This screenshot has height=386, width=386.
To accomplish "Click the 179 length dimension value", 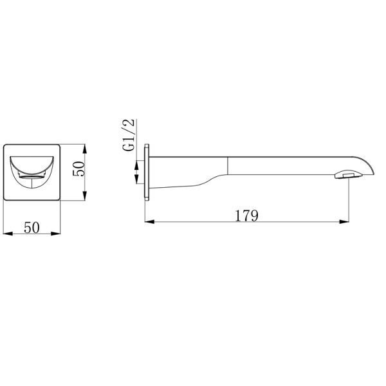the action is coord(246,216).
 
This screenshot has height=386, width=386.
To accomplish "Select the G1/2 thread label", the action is coord(129,134).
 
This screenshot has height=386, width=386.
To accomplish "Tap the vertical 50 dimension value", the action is coord(78,169).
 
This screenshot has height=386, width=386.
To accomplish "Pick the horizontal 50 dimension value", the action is coord(32,228).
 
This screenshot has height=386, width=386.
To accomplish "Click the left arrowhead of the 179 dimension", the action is coord(149,222).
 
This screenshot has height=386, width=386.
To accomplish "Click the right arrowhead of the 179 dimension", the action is coord(344,222).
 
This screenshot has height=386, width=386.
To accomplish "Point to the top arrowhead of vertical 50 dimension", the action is coord(84,149).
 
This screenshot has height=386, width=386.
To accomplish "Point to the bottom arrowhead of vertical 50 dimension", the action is coord(84,196).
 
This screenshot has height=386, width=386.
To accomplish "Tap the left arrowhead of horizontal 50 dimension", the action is coord(8,234).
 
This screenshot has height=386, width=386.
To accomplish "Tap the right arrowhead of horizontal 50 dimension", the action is coord(55,234).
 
